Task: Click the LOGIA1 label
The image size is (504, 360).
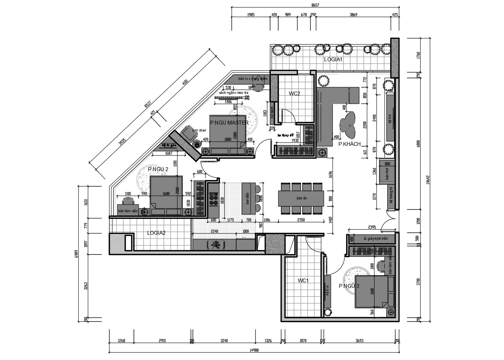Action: pos(333,60)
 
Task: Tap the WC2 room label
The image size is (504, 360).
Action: pos(294,93)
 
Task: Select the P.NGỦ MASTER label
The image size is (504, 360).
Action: pos(229,123)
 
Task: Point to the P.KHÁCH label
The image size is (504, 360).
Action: pos(349,144)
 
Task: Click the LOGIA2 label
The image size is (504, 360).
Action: pos(156,233)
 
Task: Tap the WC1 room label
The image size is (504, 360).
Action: pos(303,280)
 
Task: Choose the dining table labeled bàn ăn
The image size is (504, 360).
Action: pos(302,198)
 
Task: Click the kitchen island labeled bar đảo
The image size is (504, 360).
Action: pos(247,198)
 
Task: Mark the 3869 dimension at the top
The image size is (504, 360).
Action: pos(353,15)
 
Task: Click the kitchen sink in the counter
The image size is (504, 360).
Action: pos(215,244)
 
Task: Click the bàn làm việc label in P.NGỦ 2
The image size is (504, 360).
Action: pos(128,211)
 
